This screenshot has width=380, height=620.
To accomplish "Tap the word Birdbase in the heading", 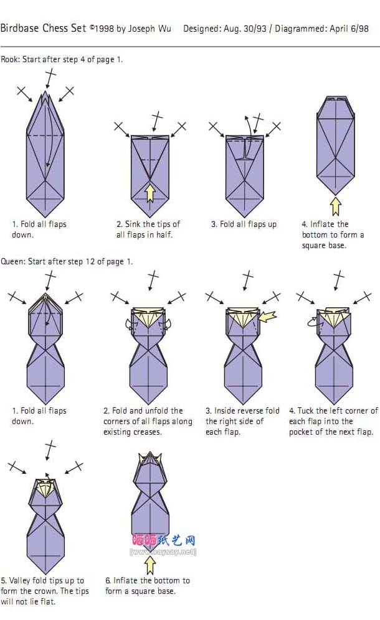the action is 20,28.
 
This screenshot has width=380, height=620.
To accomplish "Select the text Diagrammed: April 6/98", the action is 321,29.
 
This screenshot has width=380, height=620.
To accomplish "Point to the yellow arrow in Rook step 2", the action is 150,193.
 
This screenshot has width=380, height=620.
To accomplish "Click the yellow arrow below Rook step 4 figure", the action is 336,206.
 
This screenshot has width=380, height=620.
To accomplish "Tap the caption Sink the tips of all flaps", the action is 148,229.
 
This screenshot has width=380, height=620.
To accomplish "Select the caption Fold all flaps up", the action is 244,224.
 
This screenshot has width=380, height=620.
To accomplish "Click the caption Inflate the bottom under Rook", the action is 333,234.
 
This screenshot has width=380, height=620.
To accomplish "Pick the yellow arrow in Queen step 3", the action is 268,317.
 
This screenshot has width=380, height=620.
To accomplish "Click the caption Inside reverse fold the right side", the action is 242,421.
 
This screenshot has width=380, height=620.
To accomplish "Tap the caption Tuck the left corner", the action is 333,421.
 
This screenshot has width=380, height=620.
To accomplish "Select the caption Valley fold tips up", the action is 44,591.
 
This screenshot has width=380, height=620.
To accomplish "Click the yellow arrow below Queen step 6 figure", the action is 150,565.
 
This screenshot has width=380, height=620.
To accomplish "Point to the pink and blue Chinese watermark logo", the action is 164,540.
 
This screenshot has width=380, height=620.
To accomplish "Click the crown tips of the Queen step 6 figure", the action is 150,458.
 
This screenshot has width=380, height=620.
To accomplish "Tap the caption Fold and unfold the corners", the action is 148,421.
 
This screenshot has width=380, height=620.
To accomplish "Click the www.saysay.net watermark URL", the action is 163,552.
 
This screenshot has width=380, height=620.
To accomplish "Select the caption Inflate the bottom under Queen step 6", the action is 148,586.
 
